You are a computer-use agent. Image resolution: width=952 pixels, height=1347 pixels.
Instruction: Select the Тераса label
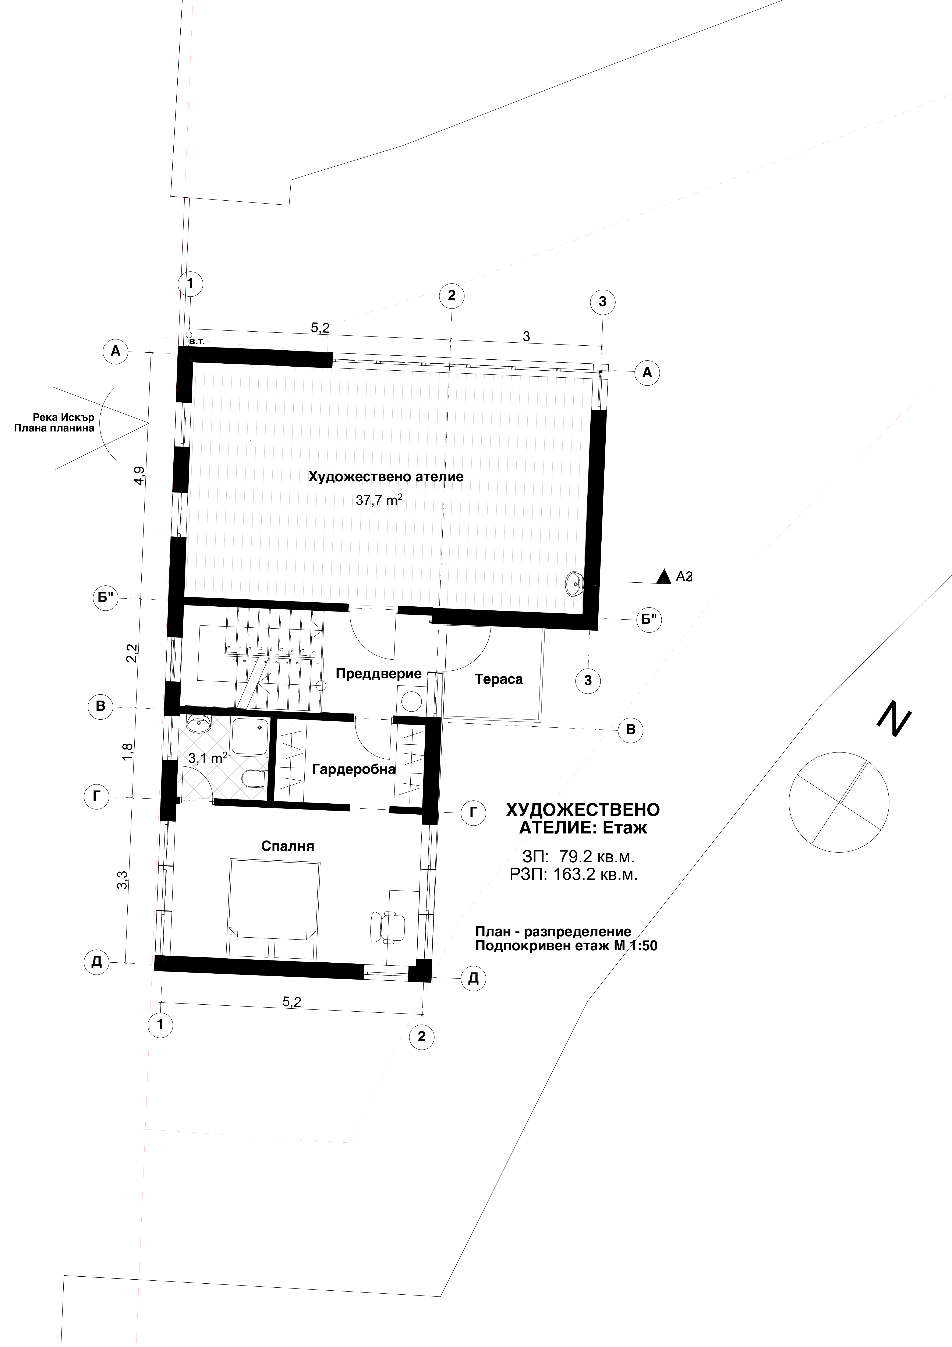499,679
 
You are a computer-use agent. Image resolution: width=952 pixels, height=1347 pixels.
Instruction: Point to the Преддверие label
378,673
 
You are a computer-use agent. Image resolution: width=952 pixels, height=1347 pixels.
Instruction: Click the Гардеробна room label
353,769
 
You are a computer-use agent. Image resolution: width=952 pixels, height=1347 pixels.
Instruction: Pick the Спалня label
287,846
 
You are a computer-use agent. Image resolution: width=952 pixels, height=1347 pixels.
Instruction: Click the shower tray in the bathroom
251,736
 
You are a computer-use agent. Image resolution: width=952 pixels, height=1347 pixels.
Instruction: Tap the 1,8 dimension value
128,753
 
